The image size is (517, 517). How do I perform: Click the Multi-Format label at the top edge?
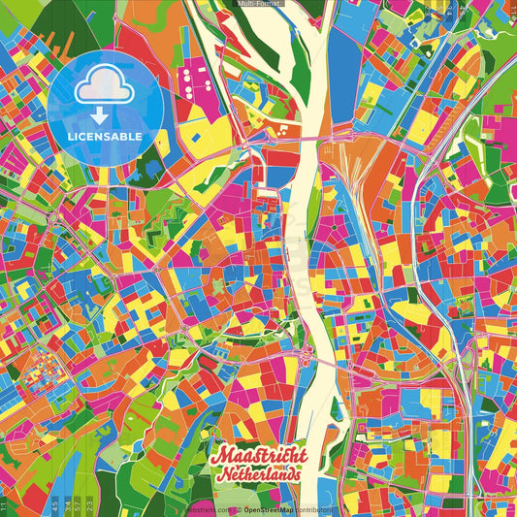coord(258,4)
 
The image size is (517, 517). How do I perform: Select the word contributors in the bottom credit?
coord(311,508)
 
